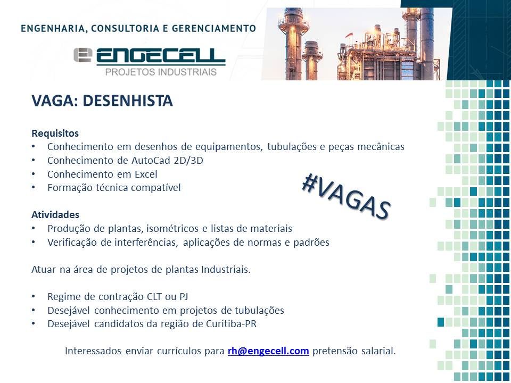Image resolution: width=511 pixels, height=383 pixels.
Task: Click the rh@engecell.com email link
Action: [x=268, y=351]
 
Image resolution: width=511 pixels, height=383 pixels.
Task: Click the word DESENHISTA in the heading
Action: [x=128, y=101]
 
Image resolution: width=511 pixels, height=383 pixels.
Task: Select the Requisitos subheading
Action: [x=55, y=134]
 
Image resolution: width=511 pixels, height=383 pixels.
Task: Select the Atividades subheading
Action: [x=55, y=214]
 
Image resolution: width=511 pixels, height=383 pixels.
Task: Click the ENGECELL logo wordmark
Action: [x=161, y=57]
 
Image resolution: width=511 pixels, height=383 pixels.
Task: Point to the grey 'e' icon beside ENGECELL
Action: [x=83, y=55]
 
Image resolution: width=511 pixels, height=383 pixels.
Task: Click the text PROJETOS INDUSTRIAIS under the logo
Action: [x=161, y=72]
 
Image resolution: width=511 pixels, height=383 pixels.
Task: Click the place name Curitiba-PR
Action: [x=231, y=324]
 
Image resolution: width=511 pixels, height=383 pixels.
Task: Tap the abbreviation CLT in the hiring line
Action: [x=154, y=297]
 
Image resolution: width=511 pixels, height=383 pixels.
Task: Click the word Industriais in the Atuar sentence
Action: [x=226, y=270]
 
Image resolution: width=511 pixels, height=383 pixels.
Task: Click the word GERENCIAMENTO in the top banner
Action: [x=214, y=28]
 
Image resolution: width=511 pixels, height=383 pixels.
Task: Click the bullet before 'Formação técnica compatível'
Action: [x=34, y=188]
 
